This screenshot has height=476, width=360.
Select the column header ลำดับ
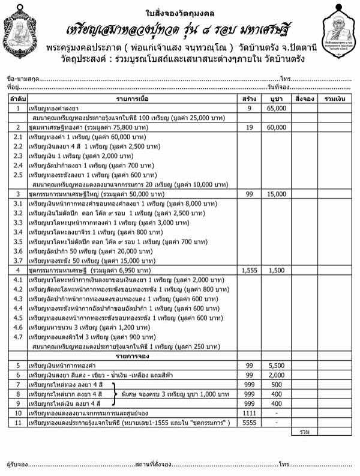(x=18, y=98)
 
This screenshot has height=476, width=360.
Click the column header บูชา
(x=276, y=98)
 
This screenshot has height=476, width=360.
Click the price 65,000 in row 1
(x=276, y=108)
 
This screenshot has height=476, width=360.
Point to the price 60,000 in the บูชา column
(x=276, y=128)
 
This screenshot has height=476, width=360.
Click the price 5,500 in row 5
(x=276, y=366)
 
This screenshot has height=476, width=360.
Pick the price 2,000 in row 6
(x=276, y=375)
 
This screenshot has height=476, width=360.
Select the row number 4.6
(x=18, y=328)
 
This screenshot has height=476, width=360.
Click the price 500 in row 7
(x=276, y=385)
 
